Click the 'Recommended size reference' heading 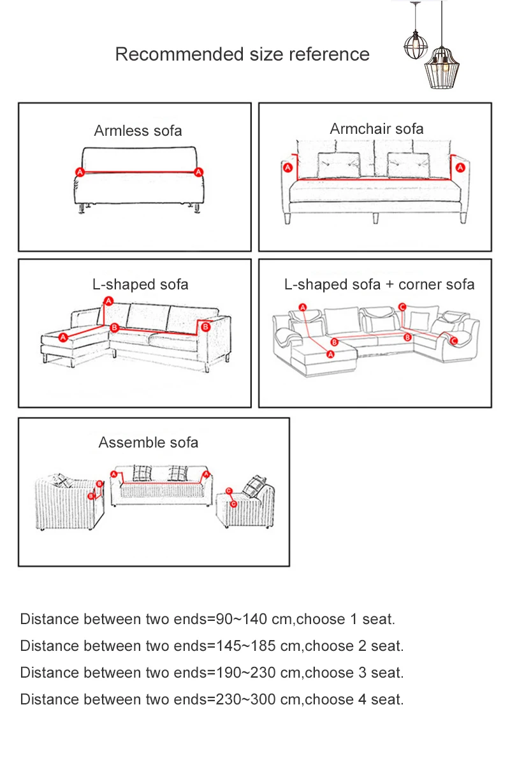(242, 54)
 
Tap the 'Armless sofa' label (138, 131)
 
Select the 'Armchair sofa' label (376, 129)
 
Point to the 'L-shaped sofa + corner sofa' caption (379, 284)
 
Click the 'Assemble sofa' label (148, 442)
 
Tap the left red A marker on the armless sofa (80, 172)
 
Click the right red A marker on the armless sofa (199, 172)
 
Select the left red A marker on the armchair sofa (288, 168)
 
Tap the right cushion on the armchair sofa (407, 165)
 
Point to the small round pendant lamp (415, 47)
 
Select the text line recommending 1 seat (207, 619)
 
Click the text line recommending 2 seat (212, 646)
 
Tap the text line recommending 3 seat (212, 673)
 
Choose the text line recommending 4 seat (212, 699)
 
